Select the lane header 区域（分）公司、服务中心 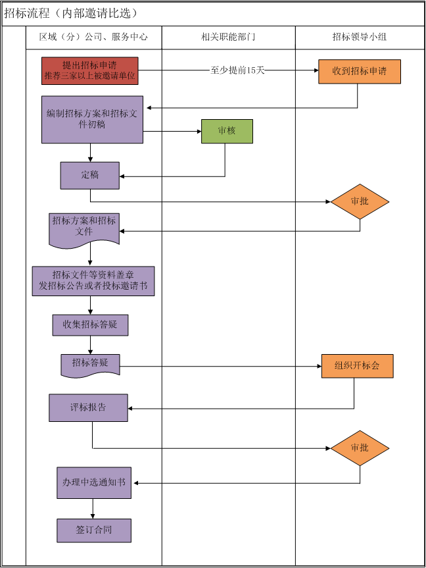pos(93,37)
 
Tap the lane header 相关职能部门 pos(227,37)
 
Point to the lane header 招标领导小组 pos(360,37)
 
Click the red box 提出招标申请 pos(90,70)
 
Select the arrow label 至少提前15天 pos(237,70)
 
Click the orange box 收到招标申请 pos(359,71)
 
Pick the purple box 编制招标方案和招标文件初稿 pos(92,119)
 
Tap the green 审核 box pos(227,131)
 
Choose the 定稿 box pos(90,175)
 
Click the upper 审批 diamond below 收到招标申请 pos(360,201)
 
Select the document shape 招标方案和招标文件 pos(83,228)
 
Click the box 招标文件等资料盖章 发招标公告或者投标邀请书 pos(93,281)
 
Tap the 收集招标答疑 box pos(90,324)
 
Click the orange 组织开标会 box pos(357,366)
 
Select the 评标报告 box pos(88,407)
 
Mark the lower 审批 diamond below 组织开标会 pos(360,448)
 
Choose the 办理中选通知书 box pos(93,482)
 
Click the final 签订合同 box pos(93,530)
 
